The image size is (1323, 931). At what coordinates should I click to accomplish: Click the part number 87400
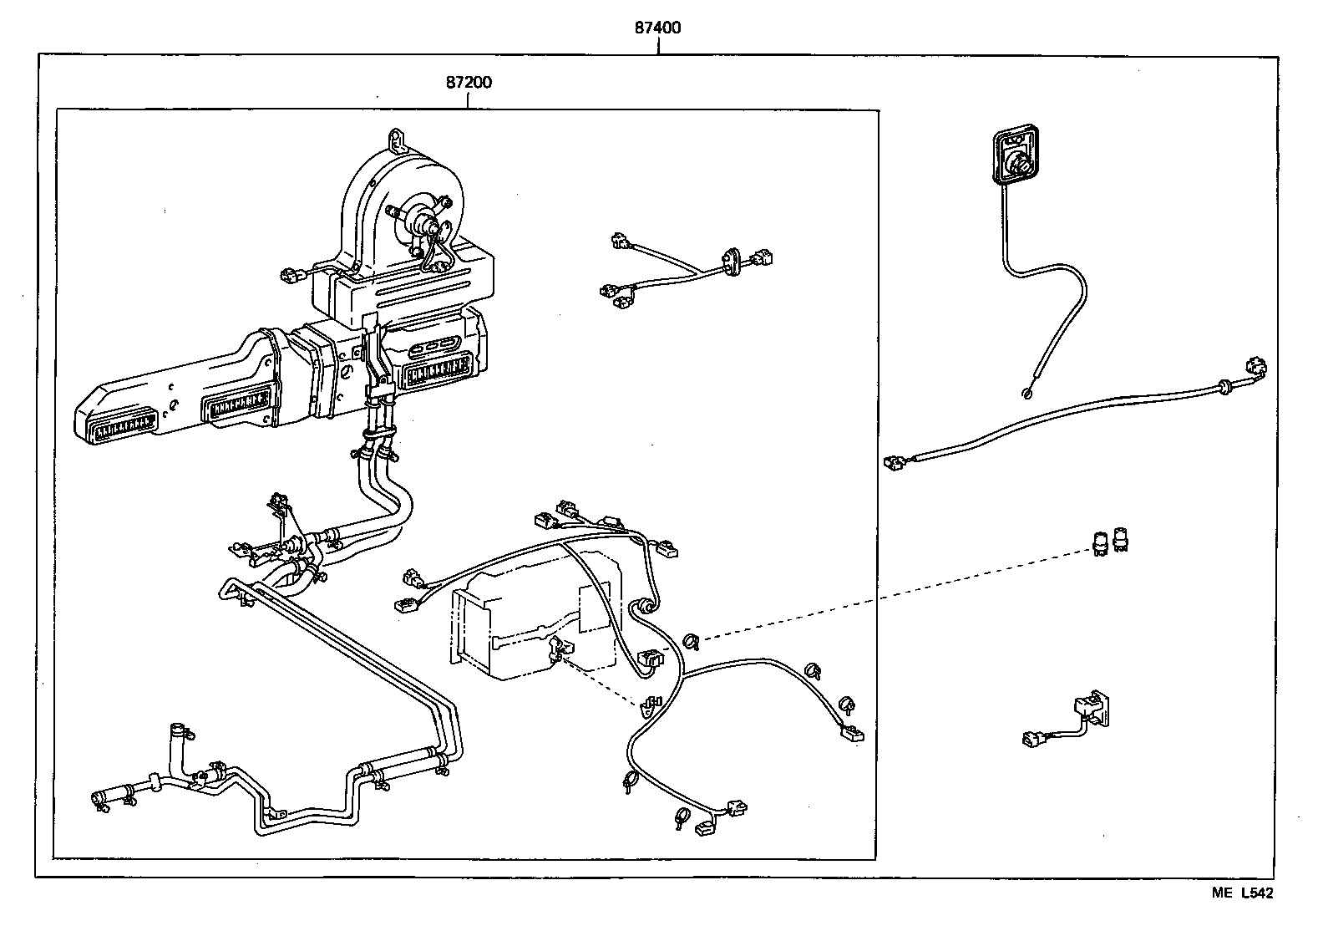[657, 28]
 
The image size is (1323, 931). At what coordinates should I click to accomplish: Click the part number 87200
[469, 82]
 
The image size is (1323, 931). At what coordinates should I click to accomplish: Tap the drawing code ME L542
[1242, 893]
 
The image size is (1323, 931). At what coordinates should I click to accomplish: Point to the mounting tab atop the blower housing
[398, 138]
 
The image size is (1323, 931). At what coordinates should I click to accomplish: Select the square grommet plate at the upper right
[1016, 155]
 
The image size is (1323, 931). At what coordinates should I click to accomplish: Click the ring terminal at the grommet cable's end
[1026, 393]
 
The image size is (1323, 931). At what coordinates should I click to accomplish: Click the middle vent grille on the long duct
[236, 405]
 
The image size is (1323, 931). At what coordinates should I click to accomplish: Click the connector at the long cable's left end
[895, 463]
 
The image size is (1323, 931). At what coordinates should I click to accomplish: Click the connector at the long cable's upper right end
[1255, 368]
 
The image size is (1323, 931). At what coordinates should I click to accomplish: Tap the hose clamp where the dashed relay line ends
[691, 641]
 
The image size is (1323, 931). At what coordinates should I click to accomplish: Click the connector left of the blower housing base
[291, 275]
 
